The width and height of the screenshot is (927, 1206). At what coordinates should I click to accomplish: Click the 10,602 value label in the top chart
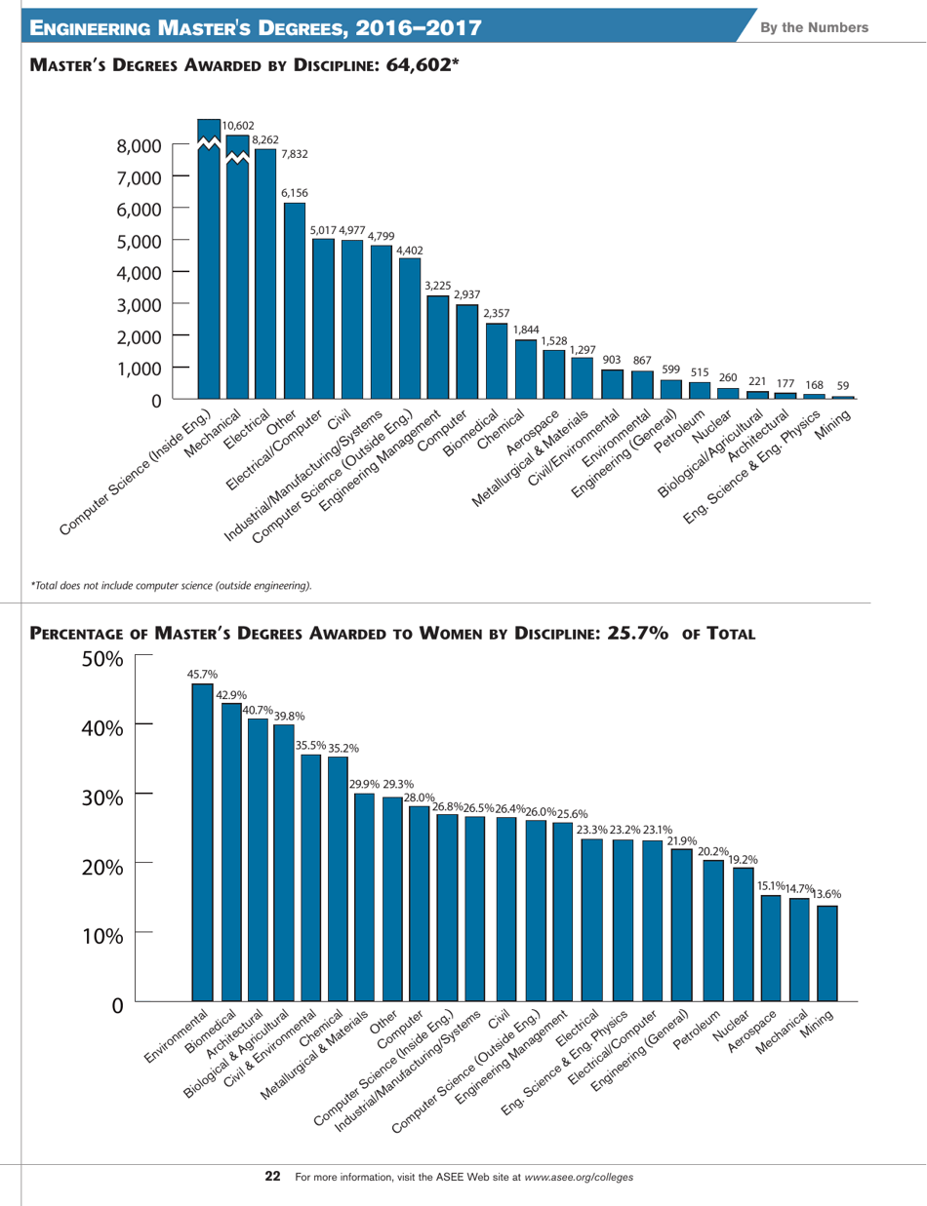tap(238, 126)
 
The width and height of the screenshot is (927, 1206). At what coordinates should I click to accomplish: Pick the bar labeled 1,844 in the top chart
tap(525, 369)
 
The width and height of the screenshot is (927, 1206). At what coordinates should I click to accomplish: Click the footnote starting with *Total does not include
tap(172, 585)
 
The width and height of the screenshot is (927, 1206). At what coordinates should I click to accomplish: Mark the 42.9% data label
tap(230, 694)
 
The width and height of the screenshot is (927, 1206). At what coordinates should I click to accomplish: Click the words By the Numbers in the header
tap(829, 26)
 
